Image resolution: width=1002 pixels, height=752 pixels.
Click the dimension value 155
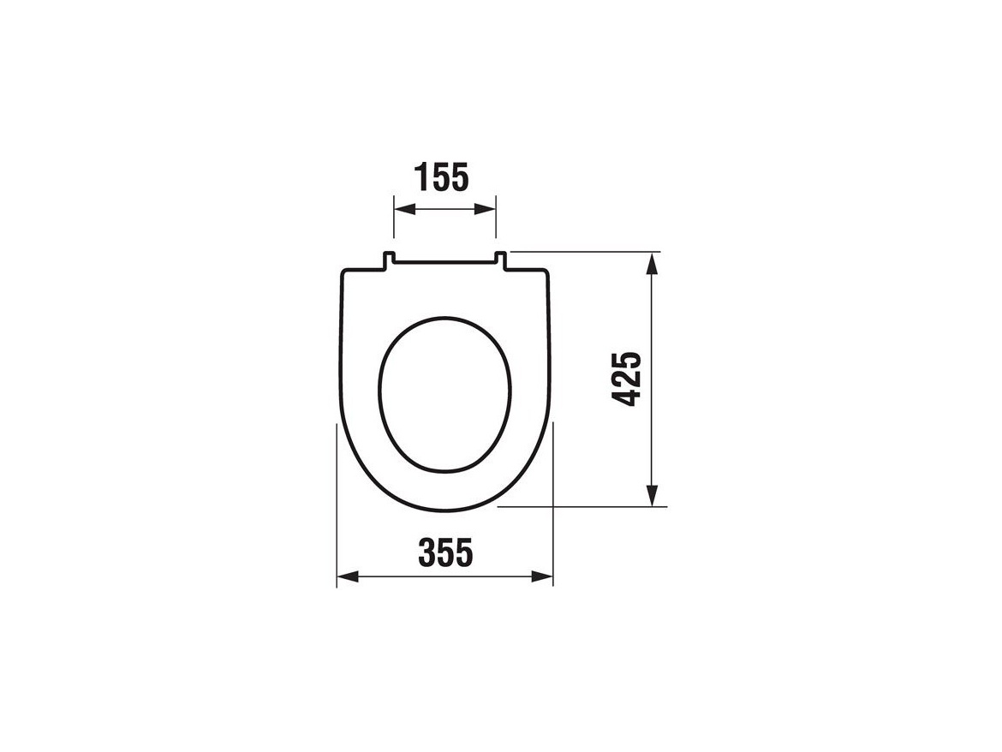(442, 177)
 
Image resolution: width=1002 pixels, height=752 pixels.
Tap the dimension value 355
(444, 553)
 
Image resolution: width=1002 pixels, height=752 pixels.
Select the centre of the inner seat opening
(444, 395)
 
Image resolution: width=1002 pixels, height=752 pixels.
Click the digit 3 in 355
(426, 553)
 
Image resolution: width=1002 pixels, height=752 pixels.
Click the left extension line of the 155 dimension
(394, 223)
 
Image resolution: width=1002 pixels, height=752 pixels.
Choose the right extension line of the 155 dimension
(496, 223)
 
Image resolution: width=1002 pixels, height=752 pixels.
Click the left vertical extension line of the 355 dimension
(337, 514)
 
